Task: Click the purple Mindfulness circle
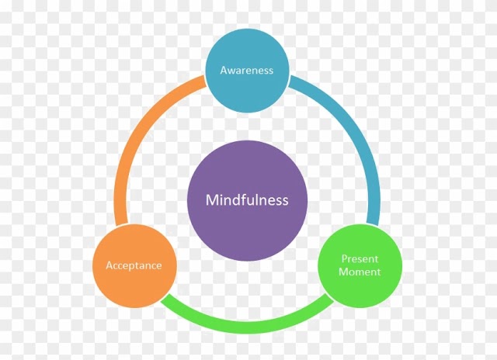pos(247,200)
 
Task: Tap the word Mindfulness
pos(247,200)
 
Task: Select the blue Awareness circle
pos(247,71)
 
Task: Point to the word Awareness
pos(247,70)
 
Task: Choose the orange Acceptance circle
pos(134,265)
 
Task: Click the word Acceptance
pos(134,265)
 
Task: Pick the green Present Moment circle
pos(360,265)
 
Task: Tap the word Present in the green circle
pos(360,258)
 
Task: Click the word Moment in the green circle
pos(360,272)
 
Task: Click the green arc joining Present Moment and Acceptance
pos(247,326)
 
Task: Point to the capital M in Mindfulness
pos(211,200)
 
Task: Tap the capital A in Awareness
pos(224,70)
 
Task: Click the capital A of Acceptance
pos(109,265)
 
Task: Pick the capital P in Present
pos(344,258)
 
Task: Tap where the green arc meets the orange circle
pos(165,297)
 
